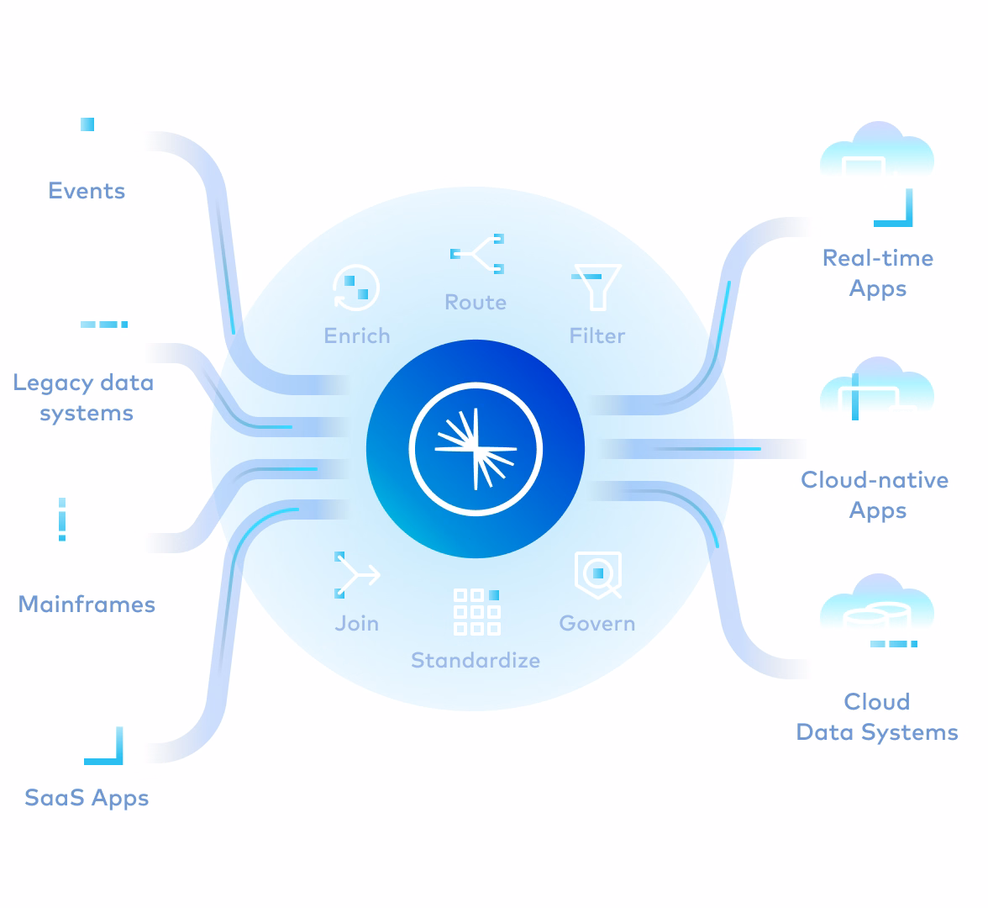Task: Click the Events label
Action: click(87, 191)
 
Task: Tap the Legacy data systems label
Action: click(84, 398)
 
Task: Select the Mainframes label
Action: click(87, 604)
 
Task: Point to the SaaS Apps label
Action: click(87, 798)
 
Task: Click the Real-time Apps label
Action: click(878, 273)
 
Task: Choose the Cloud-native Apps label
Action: click(875, 495)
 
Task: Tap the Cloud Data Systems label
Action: click(877, 717)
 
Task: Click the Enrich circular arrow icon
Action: click(356, 288)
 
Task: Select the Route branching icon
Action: click(477, 254)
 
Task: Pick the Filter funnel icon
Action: click(596, 287)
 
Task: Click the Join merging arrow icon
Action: click(356, 575)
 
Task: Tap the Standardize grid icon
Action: click(476, 611)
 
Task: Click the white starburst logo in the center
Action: click(476, 449)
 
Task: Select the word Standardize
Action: click(476, 661)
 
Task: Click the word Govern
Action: click(597, 624)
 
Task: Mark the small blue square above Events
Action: click(87, 124)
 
